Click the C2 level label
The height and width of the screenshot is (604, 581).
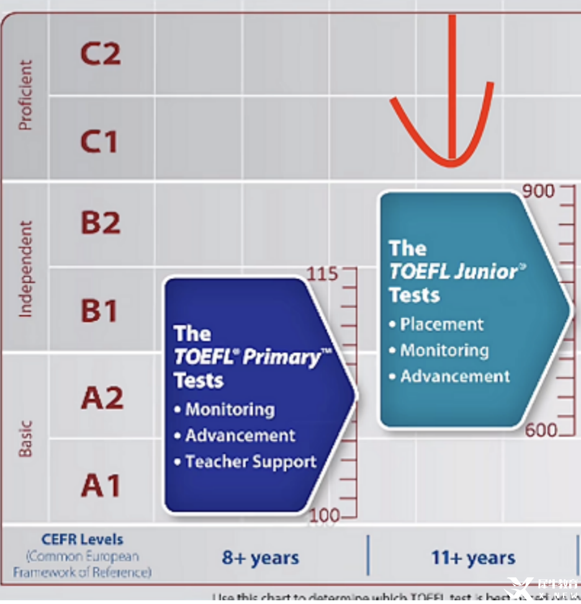coord(100,54)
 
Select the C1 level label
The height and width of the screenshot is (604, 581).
coord(99,142)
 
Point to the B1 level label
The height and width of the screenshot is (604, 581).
coord(99,311)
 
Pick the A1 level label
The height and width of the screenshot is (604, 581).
coord(100,486)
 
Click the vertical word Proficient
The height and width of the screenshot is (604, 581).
coord(25,95)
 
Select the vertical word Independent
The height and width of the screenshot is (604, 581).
coord(25,269)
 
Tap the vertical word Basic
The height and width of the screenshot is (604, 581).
coord(25,439)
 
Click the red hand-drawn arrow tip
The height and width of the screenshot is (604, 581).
coord(453,162)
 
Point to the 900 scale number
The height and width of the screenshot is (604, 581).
coord(538,191)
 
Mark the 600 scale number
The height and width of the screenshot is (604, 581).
coord(541,430)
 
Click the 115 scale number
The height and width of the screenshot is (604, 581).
coord(323,273)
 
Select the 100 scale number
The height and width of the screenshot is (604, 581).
coord(324,515)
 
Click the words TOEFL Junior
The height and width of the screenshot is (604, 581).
coord(453,272)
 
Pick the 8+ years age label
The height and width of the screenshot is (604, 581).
coord(261,557)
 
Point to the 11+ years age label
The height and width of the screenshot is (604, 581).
coord(473,557)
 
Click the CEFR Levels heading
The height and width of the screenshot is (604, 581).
coord(83,540)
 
